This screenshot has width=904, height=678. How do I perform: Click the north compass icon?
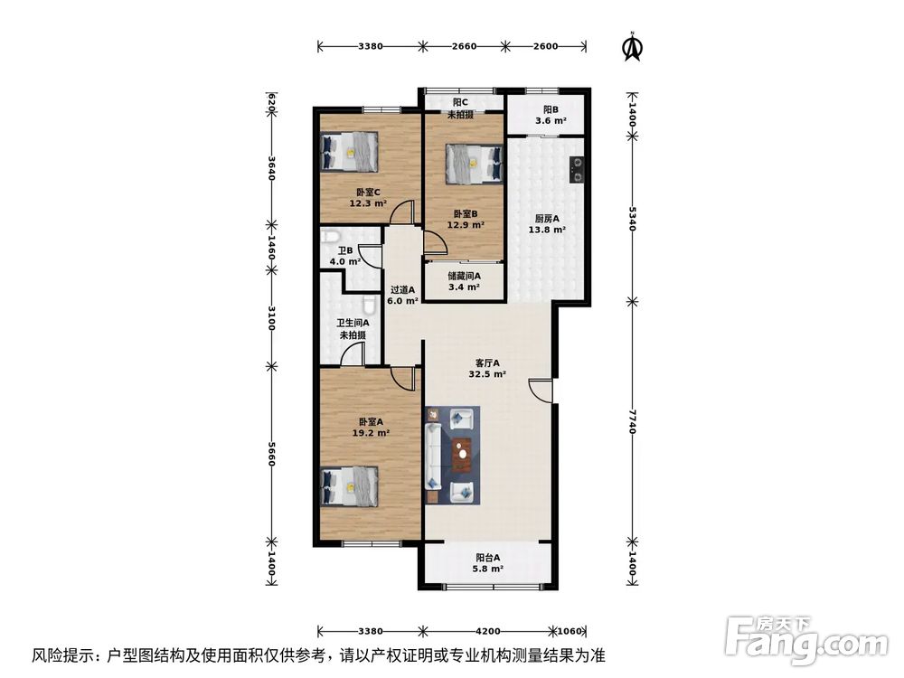[x=633, y=48]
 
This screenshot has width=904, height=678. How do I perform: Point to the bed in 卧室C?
[x=350, y=151]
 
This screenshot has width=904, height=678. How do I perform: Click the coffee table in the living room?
[x=462, y=456]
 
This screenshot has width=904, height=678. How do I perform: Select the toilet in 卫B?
[x=328, y=240]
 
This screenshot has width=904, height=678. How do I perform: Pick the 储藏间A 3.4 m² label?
[x=464, y=282]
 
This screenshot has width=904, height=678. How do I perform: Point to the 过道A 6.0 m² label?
[x=402, y=296]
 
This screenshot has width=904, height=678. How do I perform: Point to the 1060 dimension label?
[x=571, y=631]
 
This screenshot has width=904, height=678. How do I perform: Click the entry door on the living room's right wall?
[x=542, y=391]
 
